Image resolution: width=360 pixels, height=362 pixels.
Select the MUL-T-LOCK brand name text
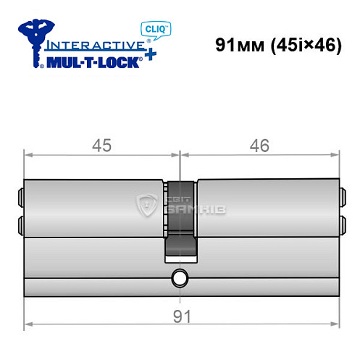coord(91,62)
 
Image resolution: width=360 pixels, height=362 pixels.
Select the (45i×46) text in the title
coord(305,44)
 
